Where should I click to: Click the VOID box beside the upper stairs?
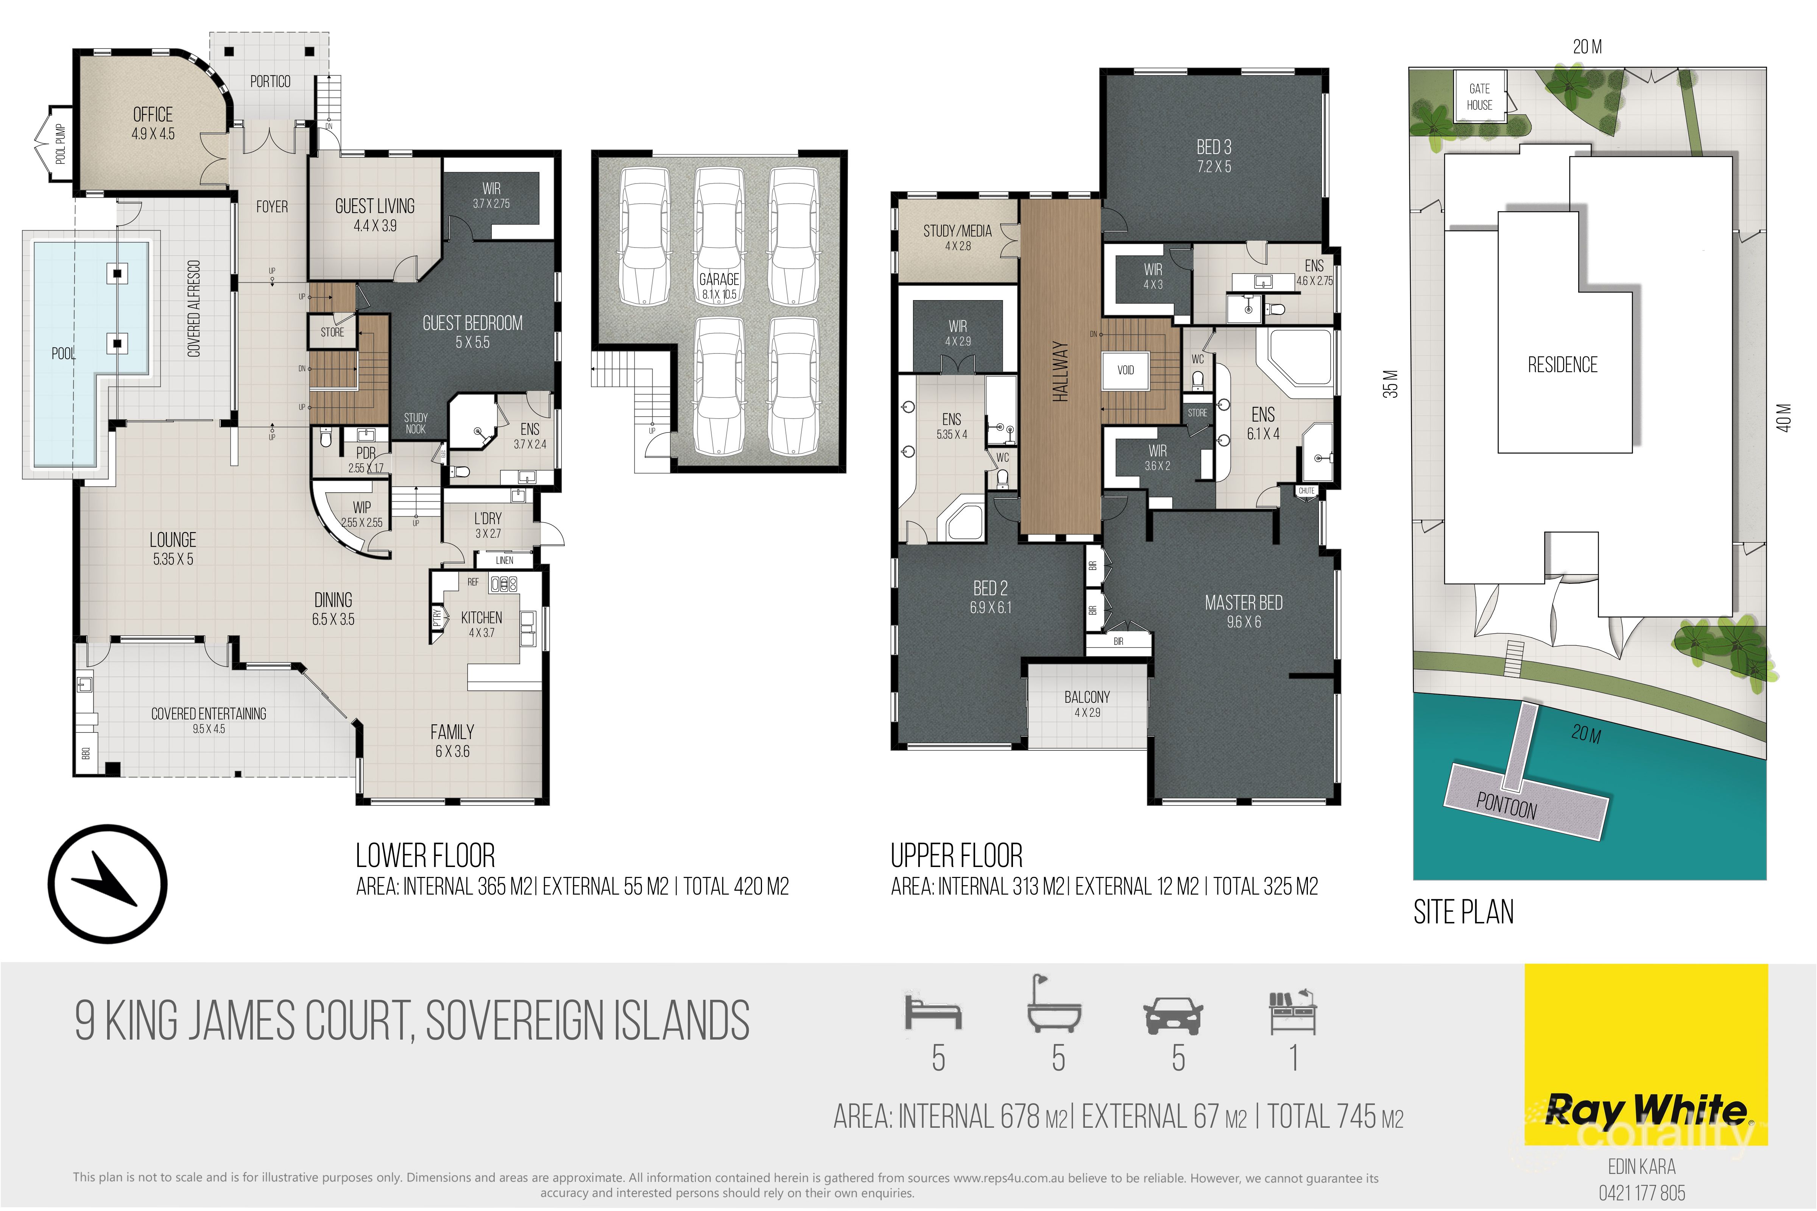click(1125, 370)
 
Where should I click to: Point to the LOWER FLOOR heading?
click(425, 856)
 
